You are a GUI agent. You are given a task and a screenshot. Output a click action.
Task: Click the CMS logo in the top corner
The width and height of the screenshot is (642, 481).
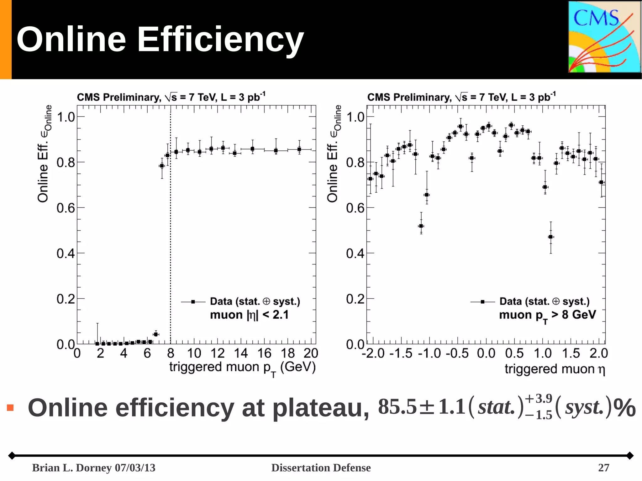click(x=604, y=37)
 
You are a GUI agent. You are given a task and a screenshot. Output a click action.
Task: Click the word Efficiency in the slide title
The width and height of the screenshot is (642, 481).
click(x=220, y=39)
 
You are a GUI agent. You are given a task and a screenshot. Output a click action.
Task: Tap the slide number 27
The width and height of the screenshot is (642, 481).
click(x=603, y=468)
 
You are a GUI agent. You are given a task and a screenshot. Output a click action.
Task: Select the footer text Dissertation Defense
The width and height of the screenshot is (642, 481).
click(x=321, y=468)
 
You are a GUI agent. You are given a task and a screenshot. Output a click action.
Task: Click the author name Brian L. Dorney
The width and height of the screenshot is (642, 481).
click(x=72, y=468)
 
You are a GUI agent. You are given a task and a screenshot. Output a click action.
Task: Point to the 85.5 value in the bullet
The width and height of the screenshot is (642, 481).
click(x=397, y=407)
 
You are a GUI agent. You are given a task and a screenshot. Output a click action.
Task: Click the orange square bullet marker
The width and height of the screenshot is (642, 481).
click(x=10, y=407)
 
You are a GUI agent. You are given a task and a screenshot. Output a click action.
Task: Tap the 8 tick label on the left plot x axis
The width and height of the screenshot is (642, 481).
click(x=171, y=353)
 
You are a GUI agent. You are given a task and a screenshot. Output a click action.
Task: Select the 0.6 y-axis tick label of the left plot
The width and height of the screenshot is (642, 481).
click(x=66, y=208)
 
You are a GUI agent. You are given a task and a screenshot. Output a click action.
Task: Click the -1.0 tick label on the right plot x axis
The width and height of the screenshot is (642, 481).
click(x=429, y=353)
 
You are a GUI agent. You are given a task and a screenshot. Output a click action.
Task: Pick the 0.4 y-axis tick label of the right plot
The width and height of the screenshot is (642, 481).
click(x=355, y=254)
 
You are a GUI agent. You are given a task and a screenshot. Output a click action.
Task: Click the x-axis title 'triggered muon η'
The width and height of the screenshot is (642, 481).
click(x=555, y=369)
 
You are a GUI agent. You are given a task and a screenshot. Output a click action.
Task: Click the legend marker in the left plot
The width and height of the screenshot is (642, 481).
click(x=193, y=302)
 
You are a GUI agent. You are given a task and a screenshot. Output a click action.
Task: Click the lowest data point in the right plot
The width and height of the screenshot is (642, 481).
click(x=551, y=237)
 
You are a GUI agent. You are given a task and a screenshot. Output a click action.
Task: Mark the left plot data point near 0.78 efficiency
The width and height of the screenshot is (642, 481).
click(x=162, y=166)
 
